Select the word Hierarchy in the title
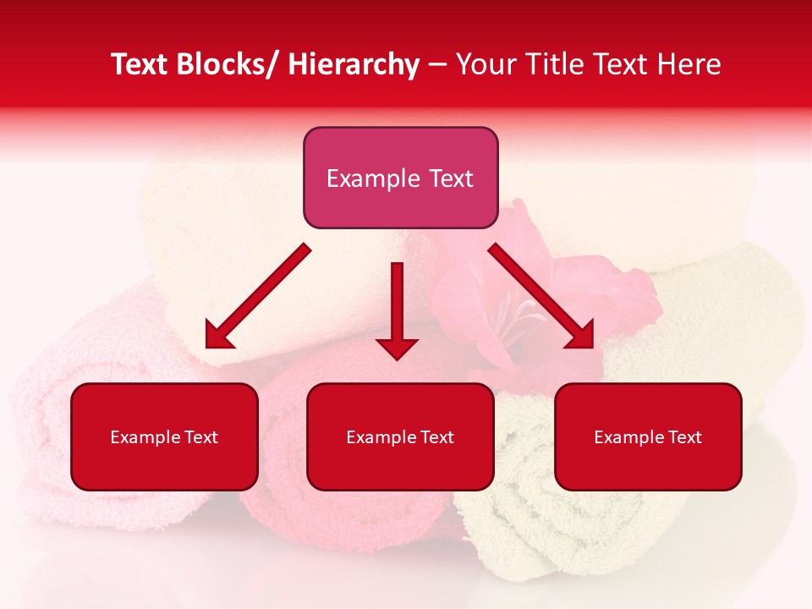(354, 64)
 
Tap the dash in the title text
(437, 65)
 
